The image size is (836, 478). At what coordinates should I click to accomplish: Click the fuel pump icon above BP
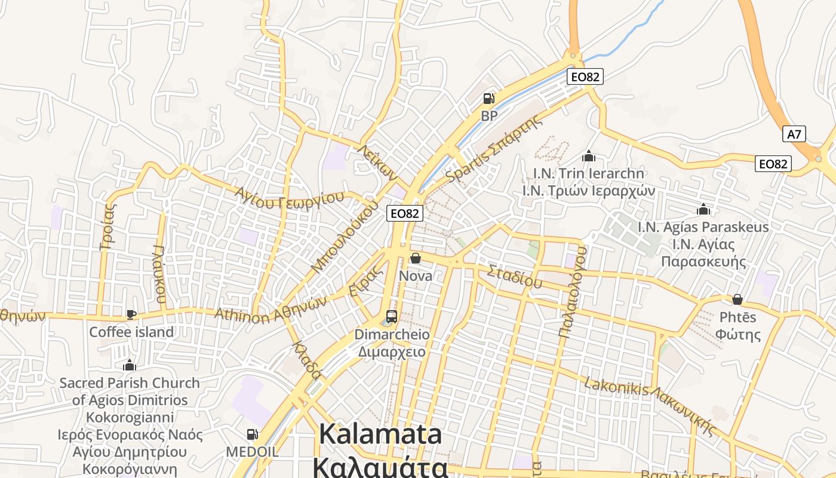point(489,99)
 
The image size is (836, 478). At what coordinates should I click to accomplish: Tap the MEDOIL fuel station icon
point(253,434)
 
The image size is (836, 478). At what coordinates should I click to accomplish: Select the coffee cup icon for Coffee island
point(131,314)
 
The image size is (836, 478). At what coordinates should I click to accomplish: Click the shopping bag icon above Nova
point(415,258)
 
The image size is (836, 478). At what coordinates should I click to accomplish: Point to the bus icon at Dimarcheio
point(392,316)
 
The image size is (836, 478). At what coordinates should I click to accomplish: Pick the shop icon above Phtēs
point(737,299)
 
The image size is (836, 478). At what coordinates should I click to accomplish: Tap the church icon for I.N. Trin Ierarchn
point(589,157)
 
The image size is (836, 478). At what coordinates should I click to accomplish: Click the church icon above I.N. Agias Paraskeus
point(703,210)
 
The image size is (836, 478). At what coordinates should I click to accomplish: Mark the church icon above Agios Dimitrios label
point(130,365)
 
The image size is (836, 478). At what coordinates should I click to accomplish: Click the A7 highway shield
point(794,134)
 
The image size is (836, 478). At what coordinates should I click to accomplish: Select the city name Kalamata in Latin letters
point(380,434)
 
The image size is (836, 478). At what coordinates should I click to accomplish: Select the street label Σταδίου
point(514,277)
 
